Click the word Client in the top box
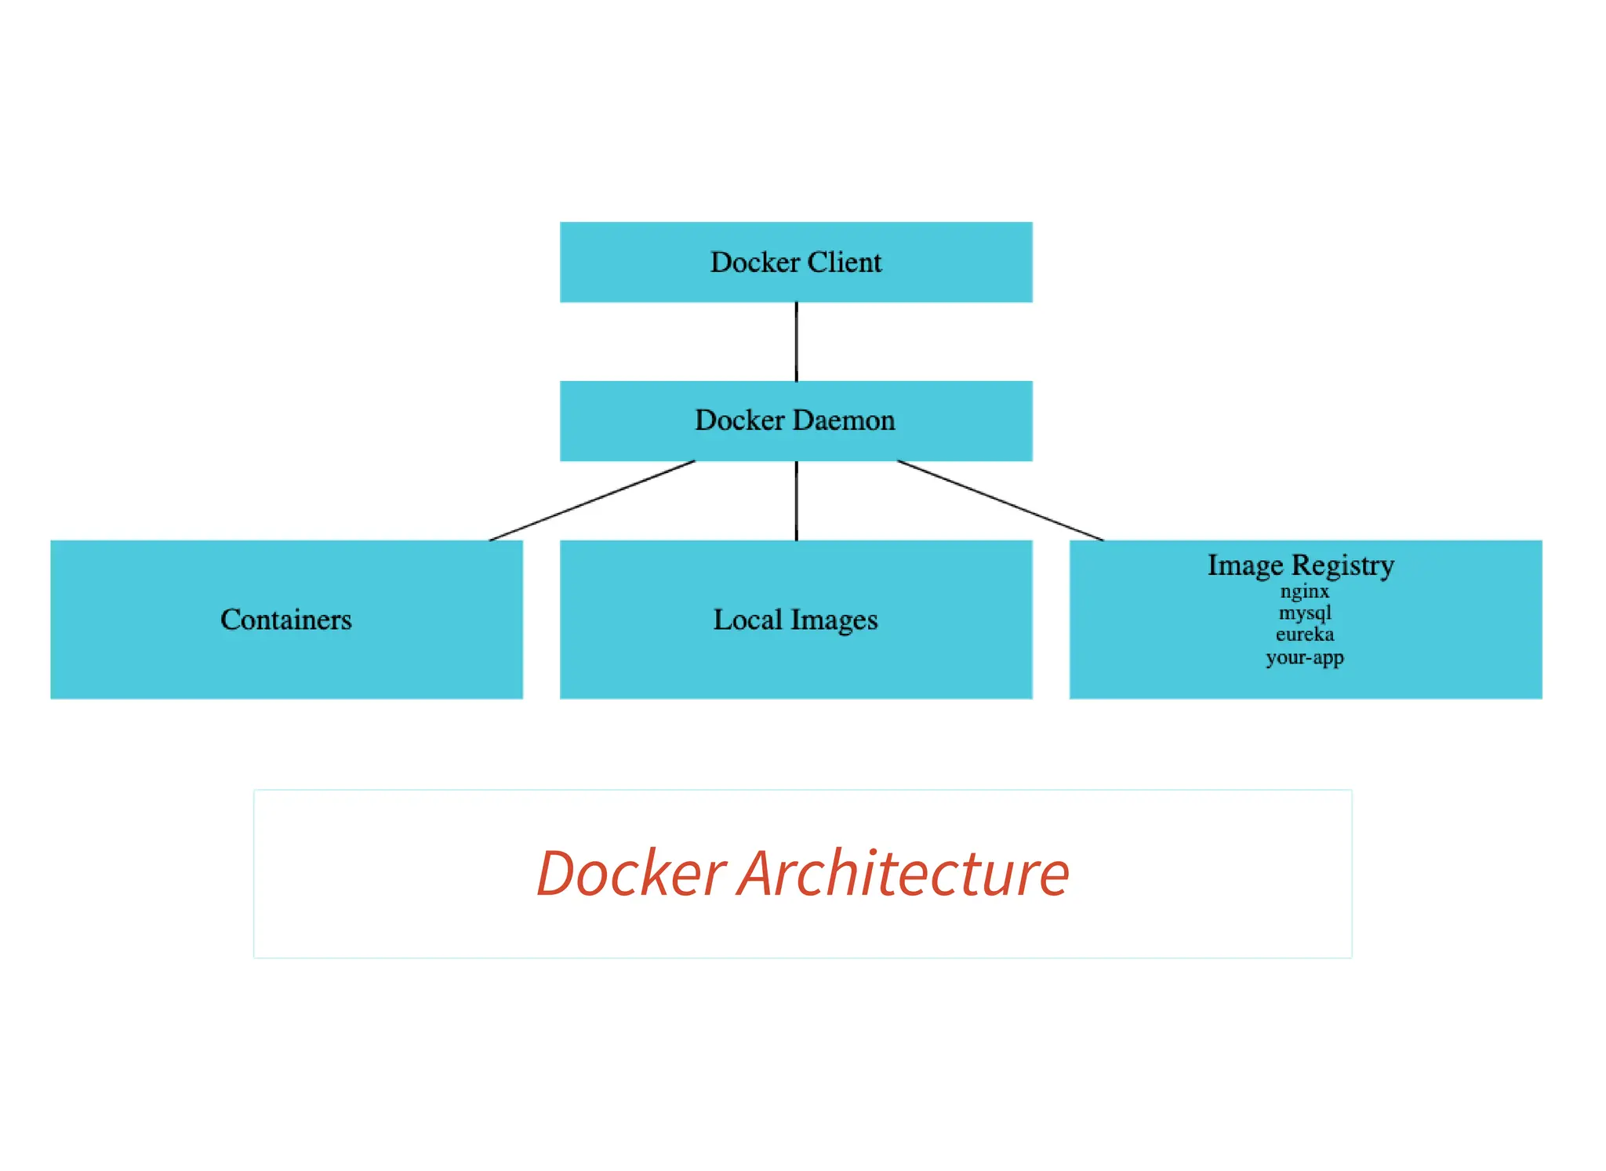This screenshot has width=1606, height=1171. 845,262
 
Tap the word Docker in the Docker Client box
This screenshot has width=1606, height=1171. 754,262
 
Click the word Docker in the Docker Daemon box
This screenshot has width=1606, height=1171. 739,420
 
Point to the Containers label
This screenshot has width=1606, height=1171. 286,620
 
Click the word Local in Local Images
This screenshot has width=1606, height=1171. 747,620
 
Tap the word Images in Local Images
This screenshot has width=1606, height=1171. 834,620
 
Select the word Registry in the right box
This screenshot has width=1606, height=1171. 1343,565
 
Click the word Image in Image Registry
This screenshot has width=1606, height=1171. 1245,565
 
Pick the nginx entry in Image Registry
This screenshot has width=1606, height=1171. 1305,591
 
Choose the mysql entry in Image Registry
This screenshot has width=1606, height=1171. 1305,613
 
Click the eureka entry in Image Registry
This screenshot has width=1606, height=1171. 1305,635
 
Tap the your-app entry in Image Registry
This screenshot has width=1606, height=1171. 1305,657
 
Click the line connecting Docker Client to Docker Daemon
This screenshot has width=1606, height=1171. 797,342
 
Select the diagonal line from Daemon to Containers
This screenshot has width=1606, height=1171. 592,500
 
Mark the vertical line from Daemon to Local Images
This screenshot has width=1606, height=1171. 797,500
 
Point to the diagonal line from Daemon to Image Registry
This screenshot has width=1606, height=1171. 1000,500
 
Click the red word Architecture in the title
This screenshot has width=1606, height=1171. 903,874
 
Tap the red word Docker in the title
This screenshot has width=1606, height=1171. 631,874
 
